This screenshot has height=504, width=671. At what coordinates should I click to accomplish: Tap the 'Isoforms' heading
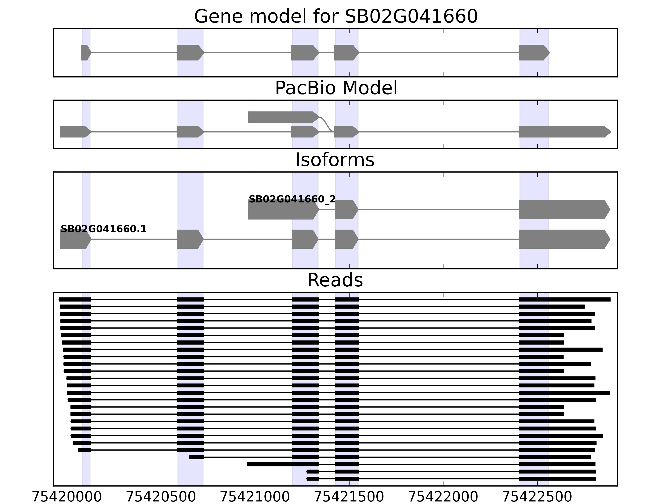click(x=335, y=160)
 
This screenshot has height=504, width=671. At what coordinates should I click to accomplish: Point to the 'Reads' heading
click(x=335, y=280)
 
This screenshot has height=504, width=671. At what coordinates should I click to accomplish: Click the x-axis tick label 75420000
click(x=67, y=497)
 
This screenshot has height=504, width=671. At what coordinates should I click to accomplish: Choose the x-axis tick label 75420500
click(x=161, y=497)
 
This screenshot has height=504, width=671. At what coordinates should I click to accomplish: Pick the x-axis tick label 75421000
click(x=255, y=497)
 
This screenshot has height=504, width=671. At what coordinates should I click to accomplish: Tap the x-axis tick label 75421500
click(x=349, y=497)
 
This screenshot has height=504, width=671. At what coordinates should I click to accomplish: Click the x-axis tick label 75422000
click(x=443, y=497)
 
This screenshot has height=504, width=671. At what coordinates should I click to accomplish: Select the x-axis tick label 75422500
click(x=537, y=497)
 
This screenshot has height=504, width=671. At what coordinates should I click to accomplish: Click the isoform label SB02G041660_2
click(x=292, y=199)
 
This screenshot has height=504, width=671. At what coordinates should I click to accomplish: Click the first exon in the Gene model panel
click(x=86, y=52)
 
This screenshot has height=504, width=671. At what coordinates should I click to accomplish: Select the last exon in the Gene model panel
click(x=533, y=52)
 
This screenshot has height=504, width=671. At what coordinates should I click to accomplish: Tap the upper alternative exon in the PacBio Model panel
click(x=282, y=117)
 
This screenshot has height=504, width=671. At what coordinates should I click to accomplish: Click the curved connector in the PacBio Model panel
click(x=327, y=125)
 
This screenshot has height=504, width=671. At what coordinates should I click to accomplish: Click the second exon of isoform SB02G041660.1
click(x=190, y=239)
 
